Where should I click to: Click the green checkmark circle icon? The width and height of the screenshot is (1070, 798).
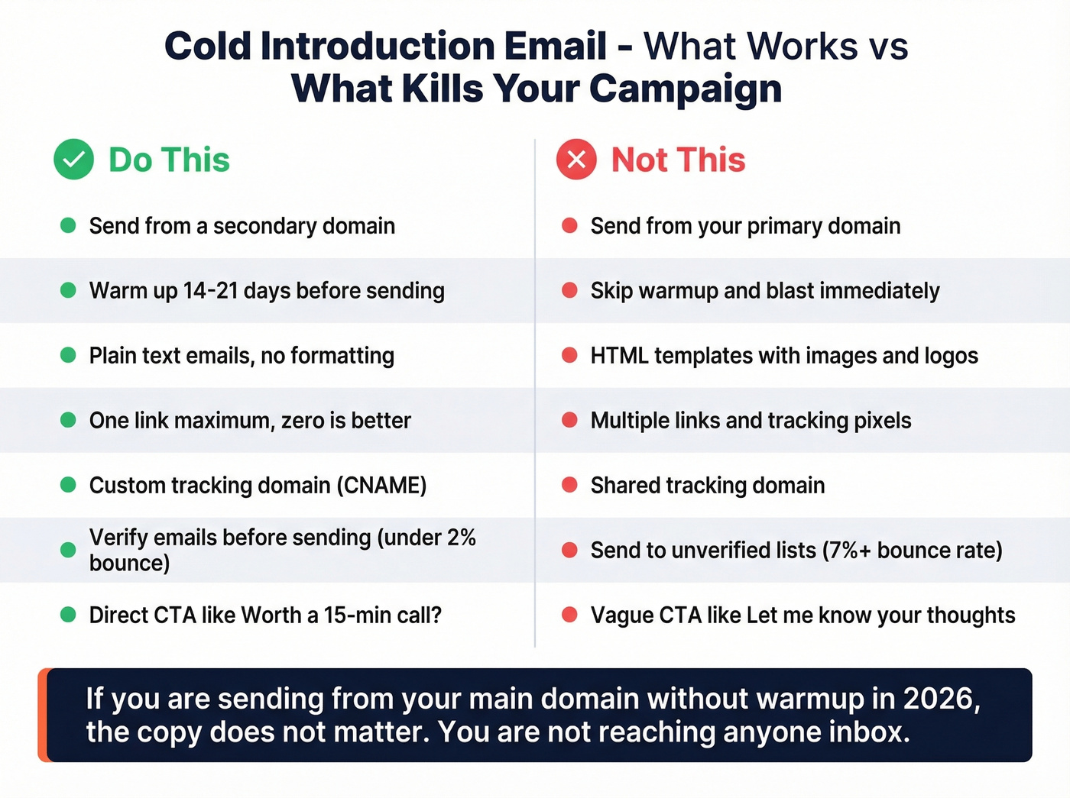pyautogui.click(x=73, y=160)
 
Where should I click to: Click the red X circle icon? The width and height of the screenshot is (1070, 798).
pyautogui.click(x=576, y=160)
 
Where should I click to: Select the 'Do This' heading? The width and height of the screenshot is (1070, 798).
pyautogui.click(x=169, y=160)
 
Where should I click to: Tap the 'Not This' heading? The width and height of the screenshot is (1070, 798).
pyautogui.click(x=678, y=160)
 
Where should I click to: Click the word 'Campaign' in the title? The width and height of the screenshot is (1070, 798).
pyautogui.click(x=686, y=89)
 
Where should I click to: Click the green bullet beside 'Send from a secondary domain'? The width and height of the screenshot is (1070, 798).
pyautogui.click(x=68, y=226)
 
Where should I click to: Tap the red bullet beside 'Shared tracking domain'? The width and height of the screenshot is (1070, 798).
pyautogui.click(x=569, y=486)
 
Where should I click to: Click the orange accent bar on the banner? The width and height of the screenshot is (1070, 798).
pyautogui.click(x=44, y=715)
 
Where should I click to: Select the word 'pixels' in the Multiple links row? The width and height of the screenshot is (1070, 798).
pyautogui.click(x=883, y=421)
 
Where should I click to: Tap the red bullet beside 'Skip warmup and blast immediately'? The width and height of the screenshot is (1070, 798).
pyautogui.click(x=569, y=291)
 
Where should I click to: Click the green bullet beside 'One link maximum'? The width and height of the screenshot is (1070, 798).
pyautogui.click(x=68, y=421)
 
